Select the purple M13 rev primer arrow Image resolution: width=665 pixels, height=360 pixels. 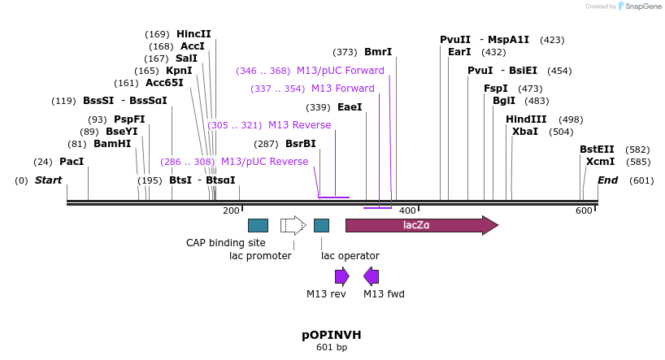click(341, 275)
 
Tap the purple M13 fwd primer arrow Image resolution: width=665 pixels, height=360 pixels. click(372, 275)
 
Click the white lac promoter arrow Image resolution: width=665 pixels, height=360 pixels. click(293, 225)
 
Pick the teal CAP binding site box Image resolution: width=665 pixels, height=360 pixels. click(258, 225)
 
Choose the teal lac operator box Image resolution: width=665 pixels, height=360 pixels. click(321, 225)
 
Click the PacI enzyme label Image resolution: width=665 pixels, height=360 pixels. click(72, 162)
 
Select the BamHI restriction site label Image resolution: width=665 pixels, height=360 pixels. click(111, 144)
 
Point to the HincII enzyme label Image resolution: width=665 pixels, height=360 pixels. click(193, 34)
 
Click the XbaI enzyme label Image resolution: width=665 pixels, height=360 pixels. click(524, 132)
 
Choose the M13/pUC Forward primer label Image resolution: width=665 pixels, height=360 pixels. click(340, 71)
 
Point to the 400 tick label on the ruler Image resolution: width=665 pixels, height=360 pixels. click(407, 211)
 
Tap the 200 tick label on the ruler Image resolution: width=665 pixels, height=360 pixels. click(232, 211)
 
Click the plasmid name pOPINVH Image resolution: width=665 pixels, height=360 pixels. click(331, 335)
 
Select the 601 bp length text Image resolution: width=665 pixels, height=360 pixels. click(331, 348)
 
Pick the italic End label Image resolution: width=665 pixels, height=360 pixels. click(607, 180)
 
